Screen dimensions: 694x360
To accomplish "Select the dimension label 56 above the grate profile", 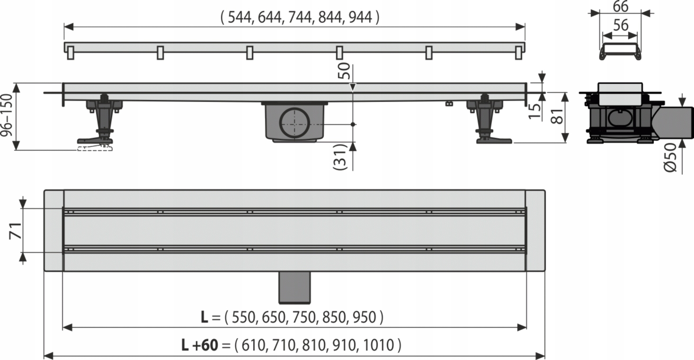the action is pyautogui.click(x=621, y=26).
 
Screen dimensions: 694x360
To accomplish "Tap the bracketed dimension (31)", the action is pyautogui.click(x=341, y=156).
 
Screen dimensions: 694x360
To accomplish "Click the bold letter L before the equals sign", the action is pyautogui.click(x=204, y=317).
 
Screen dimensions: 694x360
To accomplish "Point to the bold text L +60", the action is pyautogui.click(x=199, y=345).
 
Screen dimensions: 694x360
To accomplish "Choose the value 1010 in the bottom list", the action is pyautogui.click(x=378, y=345).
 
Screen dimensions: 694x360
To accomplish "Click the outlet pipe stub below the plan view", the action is pyautogui.click(x=294, y=288).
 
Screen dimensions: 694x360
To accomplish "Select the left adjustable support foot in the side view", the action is pyautogui.click(x=102, y=121).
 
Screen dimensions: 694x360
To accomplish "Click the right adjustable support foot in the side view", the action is pyautogui.click(x=487, y=121).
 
